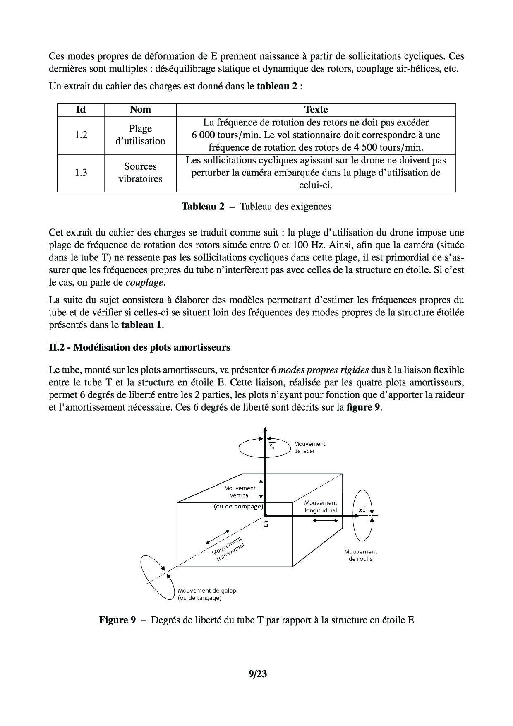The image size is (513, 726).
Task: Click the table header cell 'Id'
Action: pos(81,110)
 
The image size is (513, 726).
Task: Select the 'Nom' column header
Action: pos(140,110)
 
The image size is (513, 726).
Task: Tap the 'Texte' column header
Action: pos(316,110)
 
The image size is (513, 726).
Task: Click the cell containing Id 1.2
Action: pos(81,135)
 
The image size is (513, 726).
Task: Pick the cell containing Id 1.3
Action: pos(81,173)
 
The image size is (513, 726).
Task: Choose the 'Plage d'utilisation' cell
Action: pos(140,135)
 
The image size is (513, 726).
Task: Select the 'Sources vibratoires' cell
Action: pos(140,173)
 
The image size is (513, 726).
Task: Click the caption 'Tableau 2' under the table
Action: pos(203,207)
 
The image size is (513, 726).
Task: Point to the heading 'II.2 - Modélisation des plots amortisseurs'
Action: pos(139,347)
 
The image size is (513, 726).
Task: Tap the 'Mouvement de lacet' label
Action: pos(309,447)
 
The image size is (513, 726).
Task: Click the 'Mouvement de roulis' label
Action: pos(360,555)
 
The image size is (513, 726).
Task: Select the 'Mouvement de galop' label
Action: pos(207,594)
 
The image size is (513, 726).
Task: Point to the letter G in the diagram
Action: pos(266,524)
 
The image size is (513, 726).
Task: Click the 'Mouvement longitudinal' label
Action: pos(321,507)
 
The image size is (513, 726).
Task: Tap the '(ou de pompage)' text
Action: pos(238,506)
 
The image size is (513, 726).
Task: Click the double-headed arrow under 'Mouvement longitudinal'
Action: pos(328,520)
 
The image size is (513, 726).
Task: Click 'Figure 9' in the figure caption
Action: pos(117,620)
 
